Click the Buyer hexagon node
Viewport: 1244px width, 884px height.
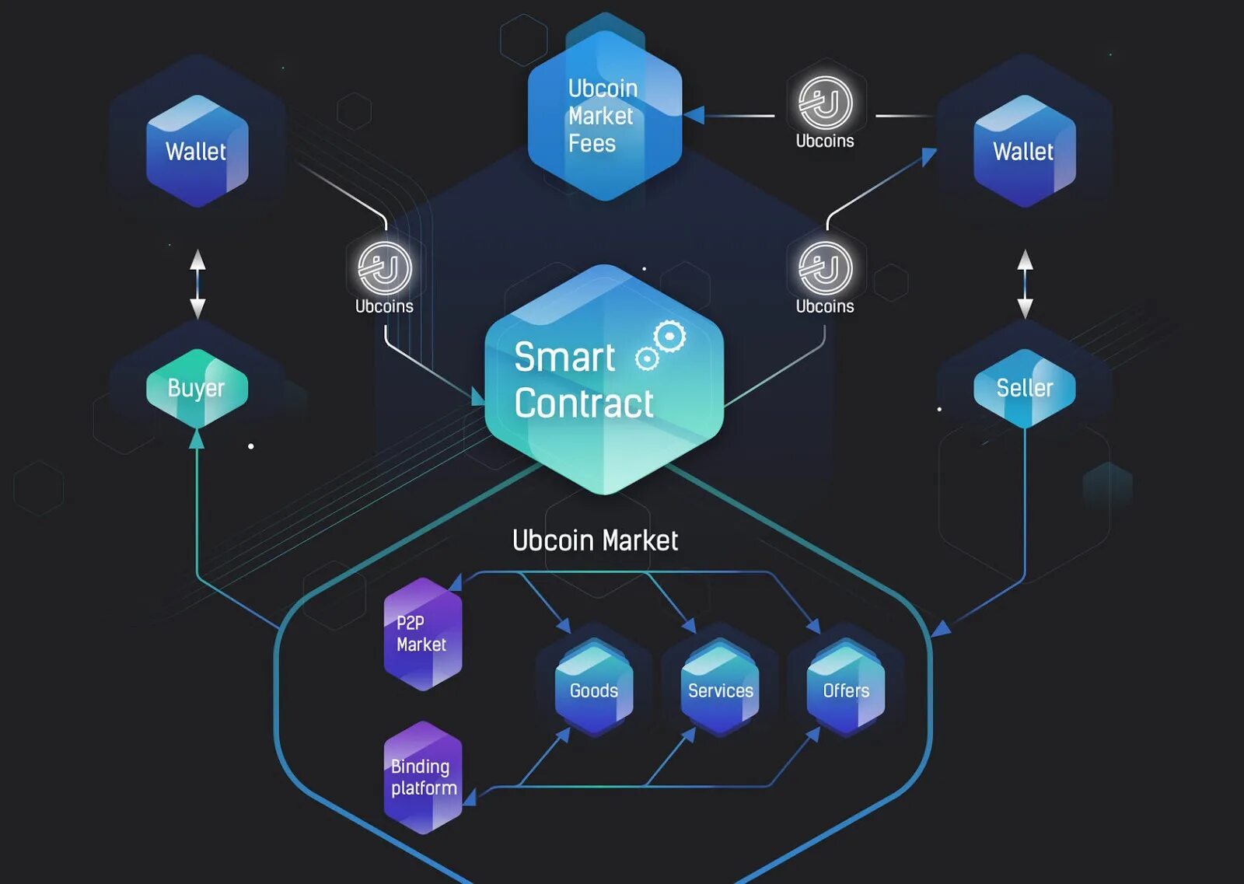[x=197, y=387]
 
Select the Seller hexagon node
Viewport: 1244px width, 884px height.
[x=1025, y=387]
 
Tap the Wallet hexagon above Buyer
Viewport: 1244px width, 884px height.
[x=197, y=151]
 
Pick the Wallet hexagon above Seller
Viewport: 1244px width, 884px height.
[x=1024, y=151]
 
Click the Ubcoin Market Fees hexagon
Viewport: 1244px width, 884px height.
[x=604, y=116]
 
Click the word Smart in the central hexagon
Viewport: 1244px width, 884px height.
[x=564, y=358]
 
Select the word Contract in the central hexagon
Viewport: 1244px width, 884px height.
[x=584, y=404]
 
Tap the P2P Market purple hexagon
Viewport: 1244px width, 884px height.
[x=422, y=634]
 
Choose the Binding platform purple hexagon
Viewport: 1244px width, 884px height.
[x=423, y=777]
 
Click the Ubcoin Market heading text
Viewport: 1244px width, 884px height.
[x=595, y=540]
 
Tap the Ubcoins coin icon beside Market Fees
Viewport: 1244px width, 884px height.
[x=825, y=103]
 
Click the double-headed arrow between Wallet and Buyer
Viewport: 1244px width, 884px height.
[x=197, y=283]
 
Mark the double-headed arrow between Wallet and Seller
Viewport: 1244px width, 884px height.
[x=1026, y=283]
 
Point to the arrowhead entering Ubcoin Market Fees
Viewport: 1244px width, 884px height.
[x=694, y=115]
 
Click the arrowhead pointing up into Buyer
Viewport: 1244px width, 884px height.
[x=197, y=439]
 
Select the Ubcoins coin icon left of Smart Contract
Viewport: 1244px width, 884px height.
[x=384, y=268]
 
